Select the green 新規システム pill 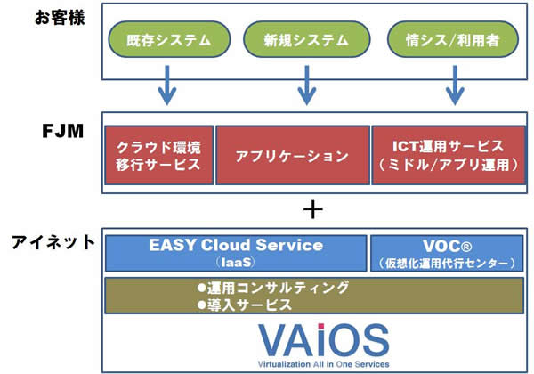point(304,40)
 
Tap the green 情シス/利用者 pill point(442,40)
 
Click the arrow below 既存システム point(165,87)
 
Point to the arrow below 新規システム point(304,87)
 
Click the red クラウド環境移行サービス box point(158,156)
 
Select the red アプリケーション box point(292,156)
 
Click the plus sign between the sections point(311,210)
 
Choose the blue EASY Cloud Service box point(236,253)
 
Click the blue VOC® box point(442,253)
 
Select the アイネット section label point(49,241)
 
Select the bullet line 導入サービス point(244,304)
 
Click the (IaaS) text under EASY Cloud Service point(235,263)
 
